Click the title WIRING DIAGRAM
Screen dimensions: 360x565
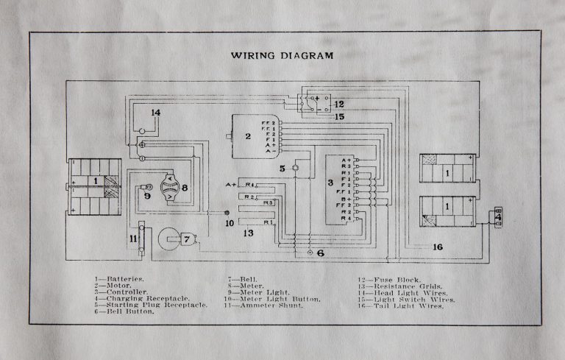tap(282, 55)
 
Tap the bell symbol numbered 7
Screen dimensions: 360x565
tap(174, 239)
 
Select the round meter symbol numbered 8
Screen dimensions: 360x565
tap(168, 188)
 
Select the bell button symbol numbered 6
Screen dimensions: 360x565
tap(310, 253)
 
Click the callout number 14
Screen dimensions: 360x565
tap(155, 113)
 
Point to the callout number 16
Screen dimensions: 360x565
tap(438, 247)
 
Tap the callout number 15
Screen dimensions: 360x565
tap(339, 116)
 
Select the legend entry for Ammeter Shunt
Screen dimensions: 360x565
tap(261, 305)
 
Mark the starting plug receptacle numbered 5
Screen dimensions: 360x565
tap(295, 168)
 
